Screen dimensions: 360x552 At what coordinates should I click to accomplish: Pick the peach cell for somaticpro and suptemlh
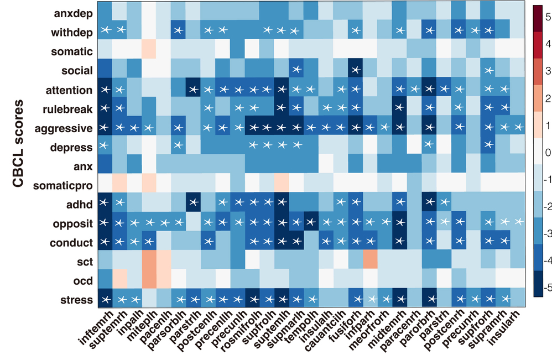point(281,185)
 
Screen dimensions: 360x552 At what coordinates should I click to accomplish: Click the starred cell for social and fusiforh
point(355,70)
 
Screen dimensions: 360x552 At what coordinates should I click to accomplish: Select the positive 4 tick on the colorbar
point(544,43)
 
